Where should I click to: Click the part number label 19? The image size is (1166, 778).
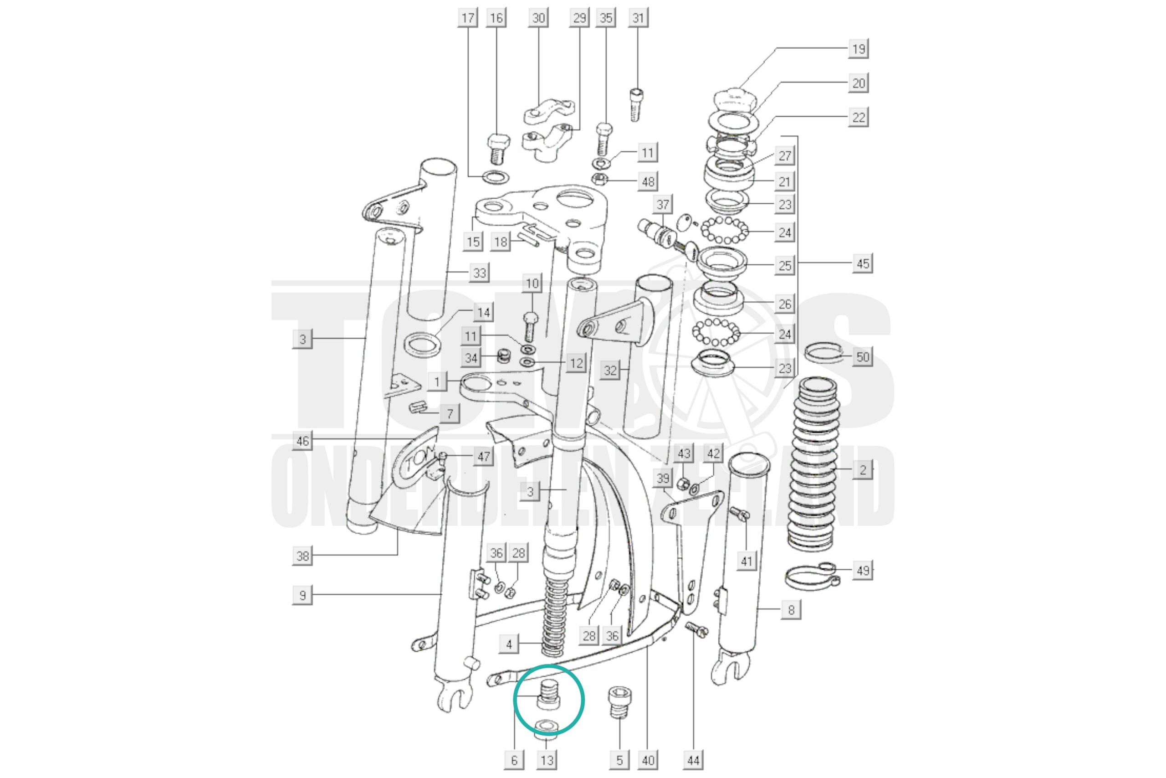[858, 49]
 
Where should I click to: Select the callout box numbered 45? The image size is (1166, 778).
[863, 263]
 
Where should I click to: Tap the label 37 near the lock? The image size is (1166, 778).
[663, 205]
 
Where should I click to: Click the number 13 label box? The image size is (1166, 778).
[547, 760]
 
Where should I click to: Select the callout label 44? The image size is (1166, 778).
[693, 760]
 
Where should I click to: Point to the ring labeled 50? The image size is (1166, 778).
[823, 353]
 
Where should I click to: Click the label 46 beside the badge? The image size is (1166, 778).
[302, 441]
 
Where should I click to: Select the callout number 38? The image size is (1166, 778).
[302, 555]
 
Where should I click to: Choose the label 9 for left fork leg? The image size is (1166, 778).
[302, 595]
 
